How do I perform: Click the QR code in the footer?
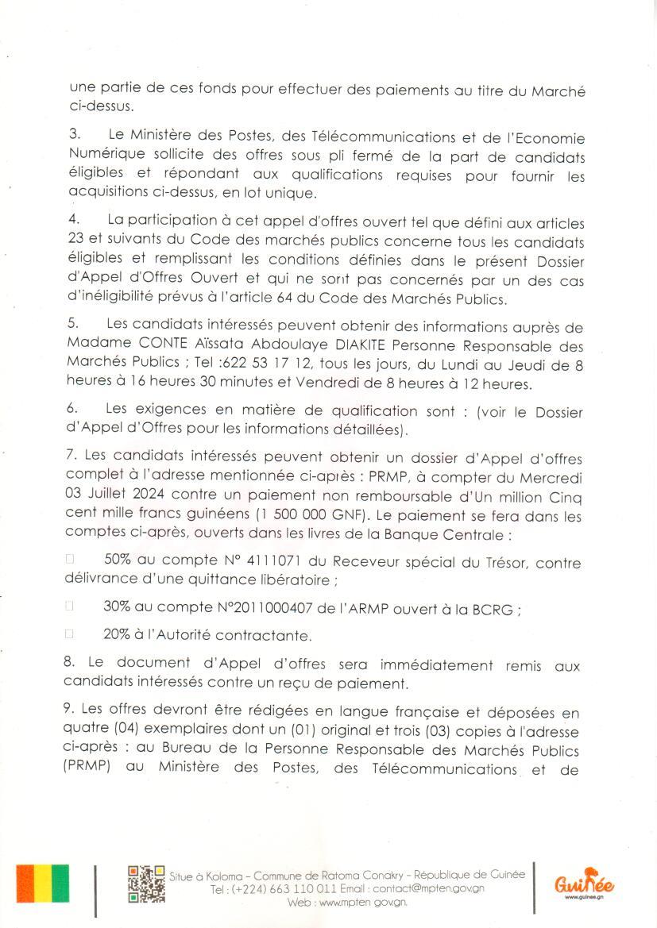coord(146,885)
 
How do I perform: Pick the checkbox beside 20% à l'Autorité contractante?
coord(69,635)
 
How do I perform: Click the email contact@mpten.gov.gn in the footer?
coord(428,888)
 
